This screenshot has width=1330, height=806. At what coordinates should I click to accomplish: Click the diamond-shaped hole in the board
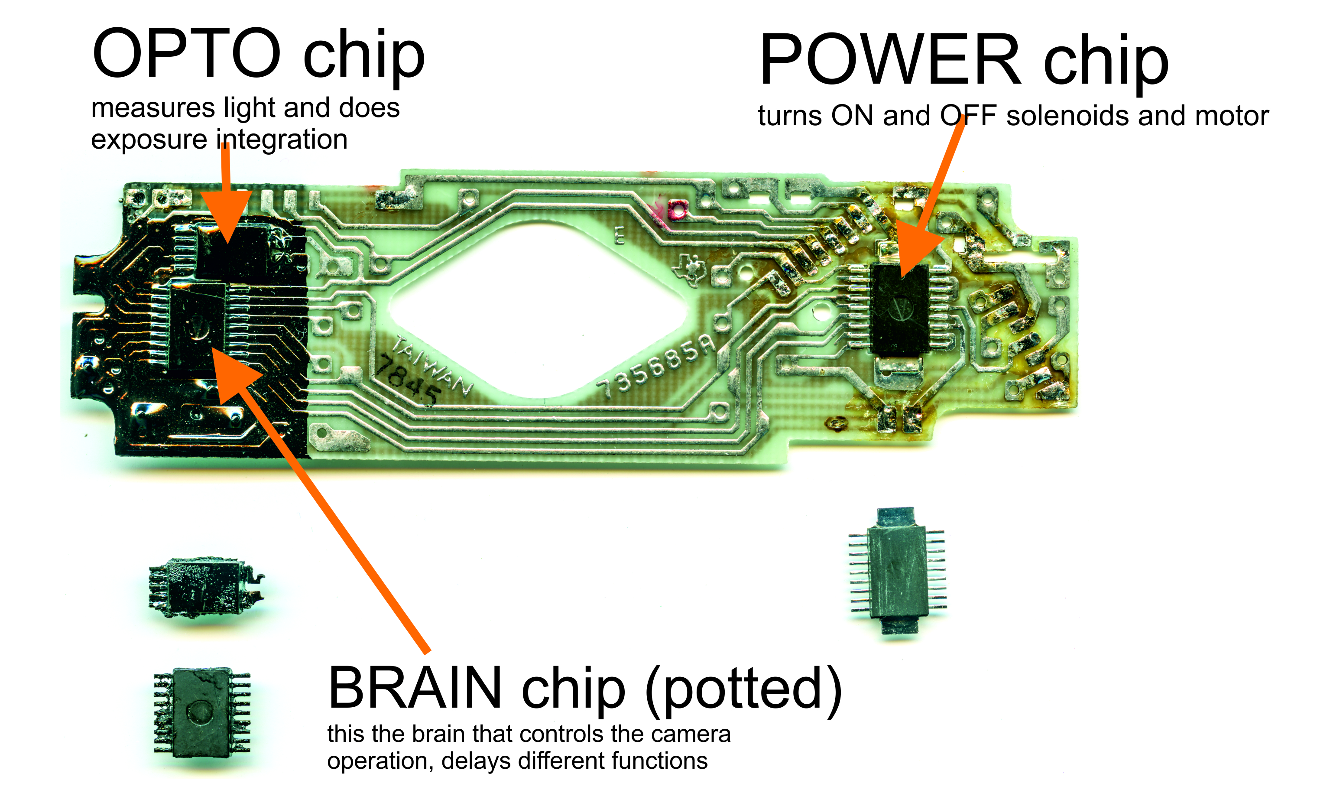[538, 312]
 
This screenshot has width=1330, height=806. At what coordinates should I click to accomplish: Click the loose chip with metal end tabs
[897, 571]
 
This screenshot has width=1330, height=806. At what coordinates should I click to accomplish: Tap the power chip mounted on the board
[900, 310]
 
